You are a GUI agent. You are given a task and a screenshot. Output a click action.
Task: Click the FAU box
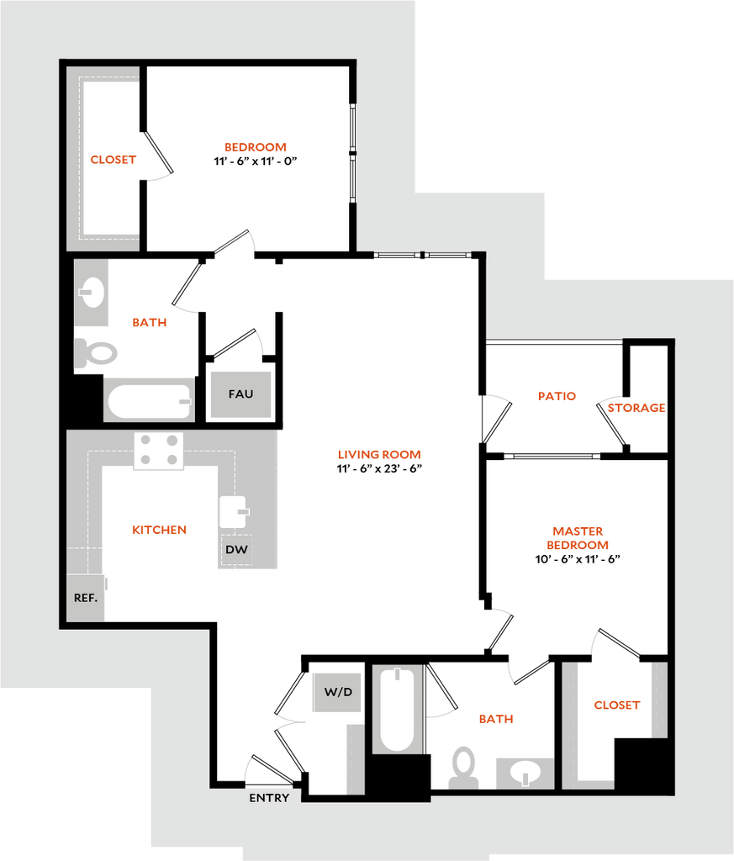tap(240, 394)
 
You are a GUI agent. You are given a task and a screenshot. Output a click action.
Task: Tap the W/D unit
tap(336, 692)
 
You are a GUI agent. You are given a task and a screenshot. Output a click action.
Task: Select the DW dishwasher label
tap(236, 550)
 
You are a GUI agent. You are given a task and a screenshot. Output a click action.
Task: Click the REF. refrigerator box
tap(86, 598)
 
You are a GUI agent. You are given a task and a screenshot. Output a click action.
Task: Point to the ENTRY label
tap(269, 797)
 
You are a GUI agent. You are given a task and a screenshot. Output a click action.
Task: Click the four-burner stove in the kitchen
tap(159, 450)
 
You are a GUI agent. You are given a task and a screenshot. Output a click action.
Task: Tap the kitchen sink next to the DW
tap(233, 511)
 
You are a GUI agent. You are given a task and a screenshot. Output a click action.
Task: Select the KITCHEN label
tap(159, 530)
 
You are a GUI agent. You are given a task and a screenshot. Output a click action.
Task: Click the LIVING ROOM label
tap(379, 455)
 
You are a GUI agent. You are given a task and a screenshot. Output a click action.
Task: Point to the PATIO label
tap(557, 396)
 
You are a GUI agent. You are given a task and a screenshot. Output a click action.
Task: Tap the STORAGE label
tap(636, 408)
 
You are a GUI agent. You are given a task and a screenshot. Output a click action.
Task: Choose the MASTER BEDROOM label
tap(578, 538)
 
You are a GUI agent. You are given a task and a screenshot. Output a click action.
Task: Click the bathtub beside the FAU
tap(149, 401)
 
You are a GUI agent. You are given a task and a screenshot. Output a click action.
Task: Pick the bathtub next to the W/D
tap(397, 708)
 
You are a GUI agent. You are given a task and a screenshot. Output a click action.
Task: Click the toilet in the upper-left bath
tap(96, 352)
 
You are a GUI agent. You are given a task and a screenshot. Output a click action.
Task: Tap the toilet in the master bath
tap(463, 768)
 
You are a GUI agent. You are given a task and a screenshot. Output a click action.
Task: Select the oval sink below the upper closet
tap(92, 293)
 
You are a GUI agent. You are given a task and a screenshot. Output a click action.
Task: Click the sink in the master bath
tap(525, 772)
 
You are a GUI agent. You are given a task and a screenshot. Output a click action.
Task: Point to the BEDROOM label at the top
tap(256, 147)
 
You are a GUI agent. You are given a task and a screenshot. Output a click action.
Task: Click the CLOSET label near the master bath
tap(617, 705)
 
